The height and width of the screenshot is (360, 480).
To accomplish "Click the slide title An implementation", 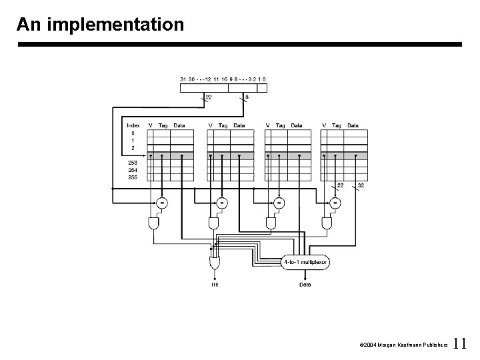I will point(100,25).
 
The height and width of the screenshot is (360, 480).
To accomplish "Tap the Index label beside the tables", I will point(133,125).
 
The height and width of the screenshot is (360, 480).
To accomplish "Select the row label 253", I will point(133,162).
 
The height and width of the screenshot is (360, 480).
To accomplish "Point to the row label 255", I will point(133,177).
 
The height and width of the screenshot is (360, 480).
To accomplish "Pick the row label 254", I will point(133,170).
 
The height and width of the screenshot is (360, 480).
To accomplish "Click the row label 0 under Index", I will point(133,133).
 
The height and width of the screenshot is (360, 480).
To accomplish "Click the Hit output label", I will point(215,285).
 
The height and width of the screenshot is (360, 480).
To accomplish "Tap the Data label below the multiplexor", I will point(305,285).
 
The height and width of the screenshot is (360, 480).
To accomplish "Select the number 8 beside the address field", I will point(247,97).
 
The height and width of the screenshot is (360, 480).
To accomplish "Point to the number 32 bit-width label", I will point(361,185).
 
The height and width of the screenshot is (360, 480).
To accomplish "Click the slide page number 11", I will point(459,344).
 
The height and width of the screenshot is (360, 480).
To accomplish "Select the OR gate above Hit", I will point(215,265).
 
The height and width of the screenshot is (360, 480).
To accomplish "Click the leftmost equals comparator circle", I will point(161,201).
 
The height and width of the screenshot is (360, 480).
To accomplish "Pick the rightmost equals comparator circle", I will point(335,201).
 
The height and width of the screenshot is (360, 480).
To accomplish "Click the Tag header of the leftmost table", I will point(163,125).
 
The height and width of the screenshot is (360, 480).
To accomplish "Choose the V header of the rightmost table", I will point(325,125).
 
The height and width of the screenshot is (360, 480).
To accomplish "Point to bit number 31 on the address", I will point(183,79).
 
